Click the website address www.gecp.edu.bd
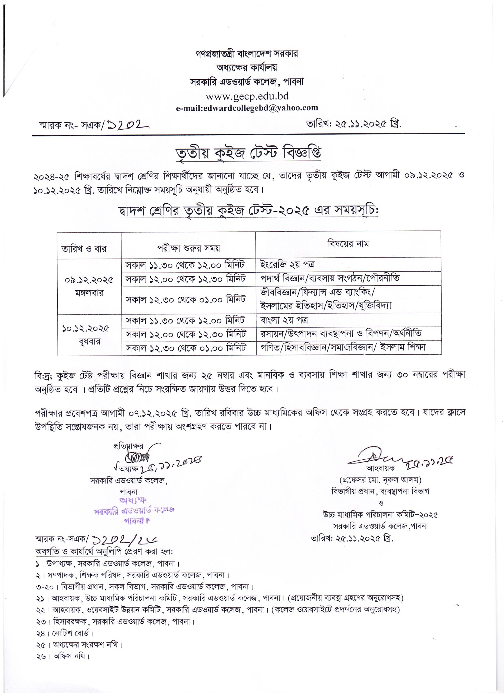click(x=247, y=96)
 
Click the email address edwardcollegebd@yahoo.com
click(x=247, y=108)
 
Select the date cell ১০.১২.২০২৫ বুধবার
click(x=89, y=335)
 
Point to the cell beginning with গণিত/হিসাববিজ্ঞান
click(x=343, y=347)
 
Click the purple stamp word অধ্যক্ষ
click(x=133, y=500)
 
